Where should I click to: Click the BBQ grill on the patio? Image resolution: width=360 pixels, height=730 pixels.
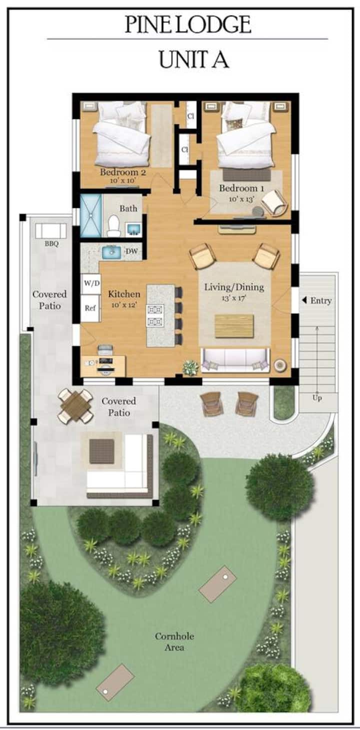pos(51,231)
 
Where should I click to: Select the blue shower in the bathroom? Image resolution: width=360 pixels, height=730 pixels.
pos(91,215)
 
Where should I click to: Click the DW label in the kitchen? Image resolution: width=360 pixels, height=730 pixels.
pos(131,251)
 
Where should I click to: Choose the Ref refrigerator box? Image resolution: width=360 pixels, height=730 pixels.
pos(90,308)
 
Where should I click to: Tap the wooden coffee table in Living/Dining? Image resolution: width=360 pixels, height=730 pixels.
pos(234,326)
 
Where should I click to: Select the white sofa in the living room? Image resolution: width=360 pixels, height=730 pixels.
pos(235,360)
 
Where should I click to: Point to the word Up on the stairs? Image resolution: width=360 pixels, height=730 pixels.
pos(317,398)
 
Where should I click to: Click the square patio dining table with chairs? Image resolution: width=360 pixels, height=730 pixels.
pos(75,406)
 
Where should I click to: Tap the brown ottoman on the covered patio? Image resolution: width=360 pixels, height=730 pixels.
pos(101,451)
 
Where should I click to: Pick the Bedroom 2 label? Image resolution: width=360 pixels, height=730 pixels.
pos(122,172)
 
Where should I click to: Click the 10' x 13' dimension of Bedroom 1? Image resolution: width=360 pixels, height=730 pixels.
pos(241,199)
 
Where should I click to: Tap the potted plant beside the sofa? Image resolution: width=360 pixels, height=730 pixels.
pos(190,367)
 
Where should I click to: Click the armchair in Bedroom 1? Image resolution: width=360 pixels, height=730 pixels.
pos(274,203)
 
